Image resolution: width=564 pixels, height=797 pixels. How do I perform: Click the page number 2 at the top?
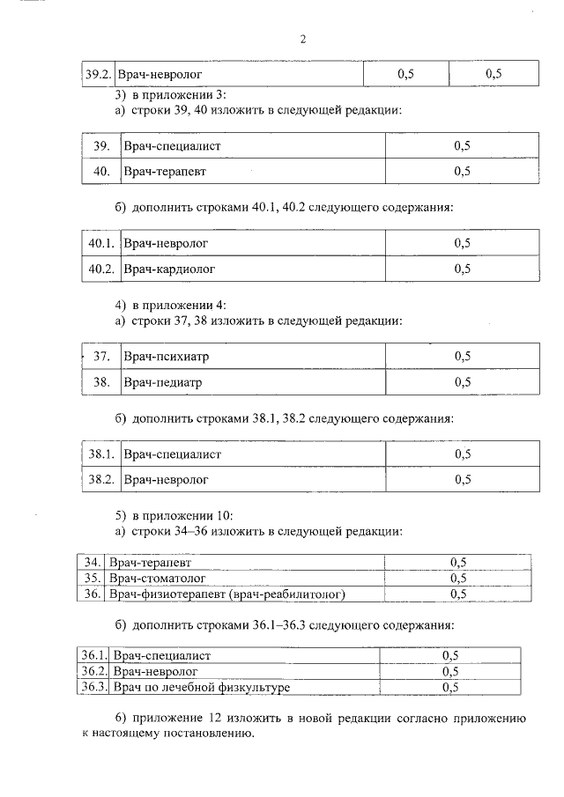[x=302, y=39]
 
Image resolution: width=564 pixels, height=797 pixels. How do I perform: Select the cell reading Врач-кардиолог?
[x=168, y=269]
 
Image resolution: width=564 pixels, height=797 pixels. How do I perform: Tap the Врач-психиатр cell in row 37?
[x=167, y=357]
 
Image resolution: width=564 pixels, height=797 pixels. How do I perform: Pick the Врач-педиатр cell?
[x=163, y=383]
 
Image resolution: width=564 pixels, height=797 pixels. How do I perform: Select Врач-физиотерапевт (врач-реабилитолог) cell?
[x=226, y=594]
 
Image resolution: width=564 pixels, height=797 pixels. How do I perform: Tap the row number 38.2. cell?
[x=101, y=480]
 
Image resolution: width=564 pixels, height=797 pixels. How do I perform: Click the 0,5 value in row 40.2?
[x=462, y=269]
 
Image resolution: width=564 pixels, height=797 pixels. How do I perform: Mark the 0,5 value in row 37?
[x=462, y=357]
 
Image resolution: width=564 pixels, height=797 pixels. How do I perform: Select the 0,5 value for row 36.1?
[x=450, y=656]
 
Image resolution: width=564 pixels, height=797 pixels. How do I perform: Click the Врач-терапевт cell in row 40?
[x=165, y=172]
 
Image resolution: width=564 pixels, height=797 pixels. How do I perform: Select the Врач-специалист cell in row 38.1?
[x=172, y=454]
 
